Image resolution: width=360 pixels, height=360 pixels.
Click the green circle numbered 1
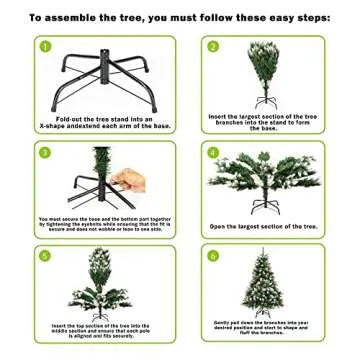point(45,47)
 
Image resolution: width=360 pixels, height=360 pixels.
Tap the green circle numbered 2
point(213,47)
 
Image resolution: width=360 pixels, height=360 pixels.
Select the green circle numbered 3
point(45,152)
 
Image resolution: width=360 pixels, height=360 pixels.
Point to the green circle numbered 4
point(213,152)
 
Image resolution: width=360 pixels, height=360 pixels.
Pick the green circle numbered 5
point(45,255)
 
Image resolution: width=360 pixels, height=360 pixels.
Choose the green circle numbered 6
point(213,255)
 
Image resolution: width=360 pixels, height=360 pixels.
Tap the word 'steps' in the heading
point(307,17)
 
